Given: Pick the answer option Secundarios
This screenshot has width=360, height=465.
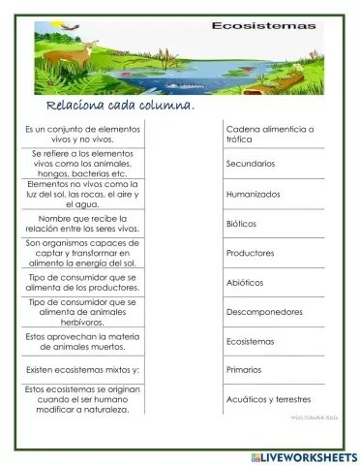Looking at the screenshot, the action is [250, 164].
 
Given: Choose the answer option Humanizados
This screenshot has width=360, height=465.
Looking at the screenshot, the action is [253, 194].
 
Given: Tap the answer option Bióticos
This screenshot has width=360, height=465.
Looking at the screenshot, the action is [241, 223].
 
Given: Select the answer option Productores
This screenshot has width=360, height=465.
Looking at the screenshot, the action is [250, 253].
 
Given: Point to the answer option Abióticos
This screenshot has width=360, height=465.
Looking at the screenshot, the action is [246, 283].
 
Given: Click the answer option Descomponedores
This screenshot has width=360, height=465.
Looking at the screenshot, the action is [264, 312].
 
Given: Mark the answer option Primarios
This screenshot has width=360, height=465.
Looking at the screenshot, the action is [244, 369].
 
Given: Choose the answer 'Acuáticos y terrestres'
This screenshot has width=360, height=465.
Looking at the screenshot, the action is [268, 399].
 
